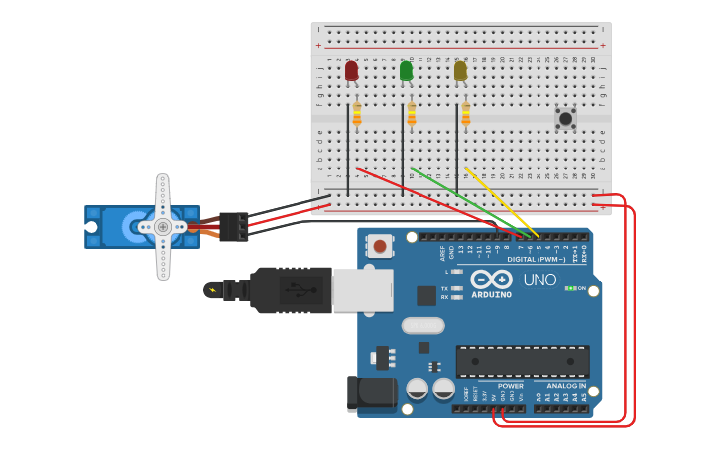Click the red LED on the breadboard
(351, 70)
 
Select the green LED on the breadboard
(406, 70)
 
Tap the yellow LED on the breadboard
(460, 70)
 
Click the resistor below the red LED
(357, 115)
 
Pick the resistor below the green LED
(412, 115)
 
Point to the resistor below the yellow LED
(465, 115)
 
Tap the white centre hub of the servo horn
(163, 227)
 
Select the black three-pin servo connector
(234, 227)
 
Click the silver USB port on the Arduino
(362, 290)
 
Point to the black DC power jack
(371, 393)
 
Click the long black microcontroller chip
(523, 361)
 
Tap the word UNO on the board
(539, 281)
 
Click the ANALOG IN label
(566, 385)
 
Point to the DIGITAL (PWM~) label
(536, 260)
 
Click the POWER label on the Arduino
(510, 385)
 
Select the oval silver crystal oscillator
(422, 325)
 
